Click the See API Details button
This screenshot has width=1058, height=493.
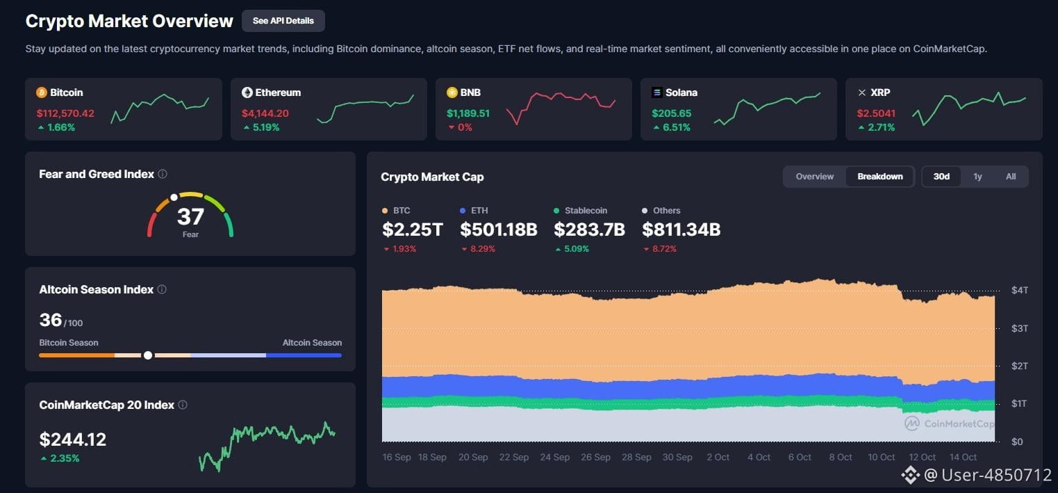(283, 21)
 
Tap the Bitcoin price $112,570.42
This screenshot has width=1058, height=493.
(65, 113)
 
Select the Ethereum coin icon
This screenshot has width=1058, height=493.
(247, 92)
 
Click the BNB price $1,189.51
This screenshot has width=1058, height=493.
(468, 113)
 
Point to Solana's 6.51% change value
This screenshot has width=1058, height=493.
(677, 127)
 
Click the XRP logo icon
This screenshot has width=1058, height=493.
(862, 92)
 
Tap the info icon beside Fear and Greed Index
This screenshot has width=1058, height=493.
(163, 174)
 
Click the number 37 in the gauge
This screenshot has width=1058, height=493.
(190, 216)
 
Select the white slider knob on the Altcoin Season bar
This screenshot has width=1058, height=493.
(148, 355)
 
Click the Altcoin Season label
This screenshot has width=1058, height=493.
(312, 342)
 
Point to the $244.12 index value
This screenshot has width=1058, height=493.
(73, 439)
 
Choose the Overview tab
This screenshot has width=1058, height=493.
(815, 177)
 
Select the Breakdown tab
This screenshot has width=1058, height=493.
(880, 177)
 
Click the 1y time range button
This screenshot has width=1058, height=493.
(977, 177)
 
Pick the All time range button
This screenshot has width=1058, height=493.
(1011, 177)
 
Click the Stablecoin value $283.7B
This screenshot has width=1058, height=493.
(590, 229)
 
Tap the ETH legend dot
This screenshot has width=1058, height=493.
(463, 210)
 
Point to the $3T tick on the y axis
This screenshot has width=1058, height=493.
(1019, 328)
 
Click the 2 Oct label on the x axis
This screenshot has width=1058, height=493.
(718, 457)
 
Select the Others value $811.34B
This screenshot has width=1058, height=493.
(681, 229)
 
